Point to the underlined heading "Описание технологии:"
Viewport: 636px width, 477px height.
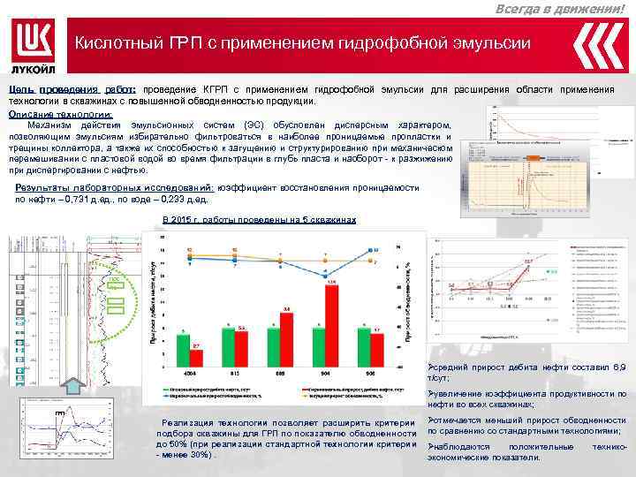coord(60,114)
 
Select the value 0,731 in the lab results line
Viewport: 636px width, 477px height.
coord(85,200)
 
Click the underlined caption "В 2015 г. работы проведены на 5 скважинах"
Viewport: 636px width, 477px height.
coord(260,219)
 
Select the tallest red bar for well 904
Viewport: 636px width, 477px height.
coord(331,322)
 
